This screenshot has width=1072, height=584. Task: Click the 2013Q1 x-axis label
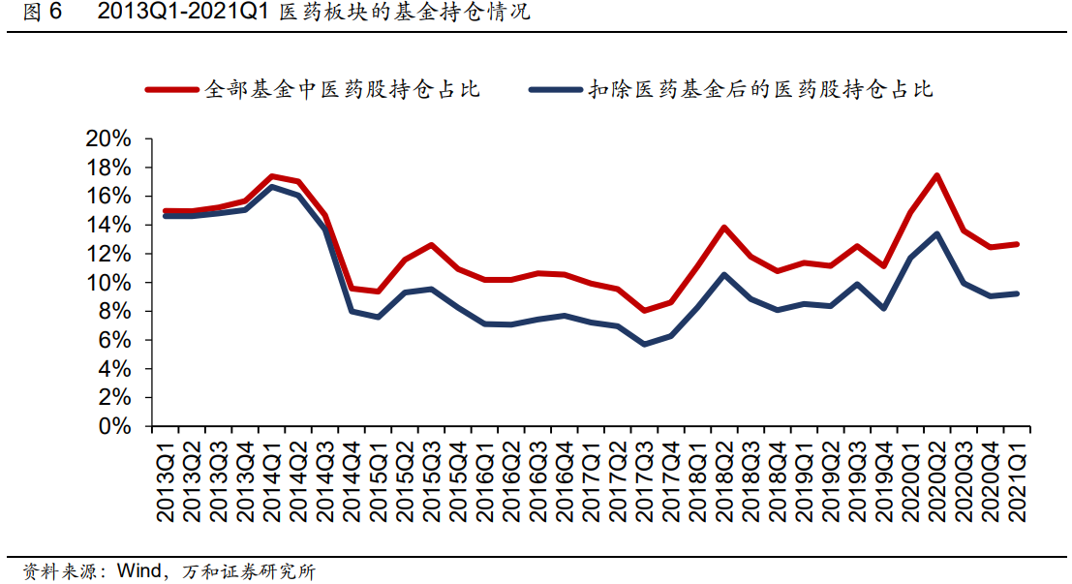tap(168, 480)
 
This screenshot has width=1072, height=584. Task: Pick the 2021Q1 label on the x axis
tap(1018, 480)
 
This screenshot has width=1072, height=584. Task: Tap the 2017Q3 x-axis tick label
tap(644, 480)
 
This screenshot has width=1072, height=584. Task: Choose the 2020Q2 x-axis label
tap(936, 480)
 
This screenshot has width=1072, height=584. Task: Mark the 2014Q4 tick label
tap(352, 480)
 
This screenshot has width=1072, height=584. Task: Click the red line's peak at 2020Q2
tap(936, 175)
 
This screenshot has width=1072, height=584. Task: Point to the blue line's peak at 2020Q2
tap(936, 233)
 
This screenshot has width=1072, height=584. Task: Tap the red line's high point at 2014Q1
tap(272, 176)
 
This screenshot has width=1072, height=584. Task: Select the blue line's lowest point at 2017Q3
tap(644, 344)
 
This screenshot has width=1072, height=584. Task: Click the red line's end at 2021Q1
tap(1017, 244)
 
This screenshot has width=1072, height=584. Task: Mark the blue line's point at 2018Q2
tap(724, 274)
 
